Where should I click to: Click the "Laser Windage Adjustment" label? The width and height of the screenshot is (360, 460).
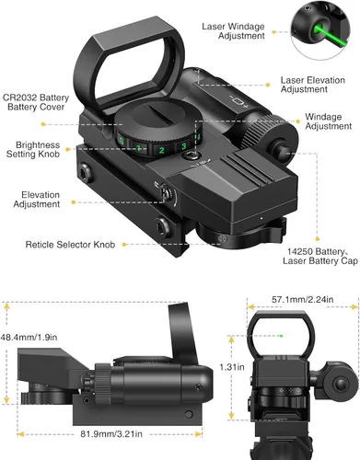point(233,31)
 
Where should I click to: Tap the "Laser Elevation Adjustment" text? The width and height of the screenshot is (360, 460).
point(313,85)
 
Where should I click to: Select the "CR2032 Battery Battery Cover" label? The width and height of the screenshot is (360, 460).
point(36,102)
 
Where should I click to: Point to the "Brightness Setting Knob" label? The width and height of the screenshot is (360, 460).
point(33,149)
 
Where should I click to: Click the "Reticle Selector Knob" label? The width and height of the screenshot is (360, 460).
point(70,245)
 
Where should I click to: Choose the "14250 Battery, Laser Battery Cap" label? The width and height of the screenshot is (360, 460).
point(320,256)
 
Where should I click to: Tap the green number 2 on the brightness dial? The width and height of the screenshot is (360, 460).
point(162,150)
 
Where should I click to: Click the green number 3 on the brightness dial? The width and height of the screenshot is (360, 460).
point(184,146)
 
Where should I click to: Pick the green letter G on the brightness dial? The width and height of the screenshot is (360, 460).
point(122,142)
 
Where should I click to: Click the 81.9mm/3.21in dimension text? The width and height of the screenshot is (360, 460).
point(111,434)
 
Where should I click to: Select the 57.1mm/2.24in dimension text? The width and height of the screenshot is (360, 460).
point(303,299)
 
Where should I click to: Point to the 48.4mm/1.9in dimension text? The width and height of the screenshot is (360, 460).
point(29,338)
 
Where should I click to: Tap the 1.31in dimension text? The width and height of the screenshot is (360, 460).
point(232,367)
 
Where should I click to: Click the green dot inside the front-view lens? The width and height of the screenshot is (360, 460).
point(281,336)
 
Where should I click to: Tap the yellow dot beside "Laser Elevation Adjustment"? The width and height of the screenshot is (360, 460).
point(268,85)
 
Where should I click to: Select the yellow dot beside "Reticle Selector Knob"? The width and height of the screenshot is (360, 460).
point(124,245)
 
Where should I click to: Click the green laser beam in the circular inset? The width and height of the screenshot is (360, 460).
point(331,37)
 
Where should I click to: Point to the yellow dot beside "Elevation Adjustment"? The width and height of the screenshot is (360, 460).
point(74,202)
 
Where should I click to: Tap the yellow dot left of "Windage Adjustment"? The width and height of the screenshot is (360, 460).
point(297,121)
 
